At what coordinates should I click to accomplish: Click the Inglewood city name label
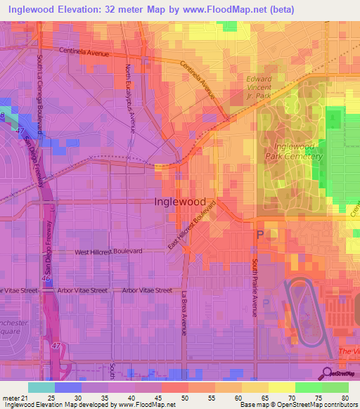coord(180,201)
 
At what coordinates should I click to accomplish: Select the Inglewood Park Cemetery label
coord(293,151)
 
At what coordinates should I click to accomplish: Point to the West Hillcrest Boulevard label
coord(109,251)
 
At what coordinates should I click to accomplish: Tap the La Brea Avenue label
coord(184,313)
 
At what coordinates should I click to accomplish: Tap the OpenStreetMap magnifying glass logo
coord(328,372)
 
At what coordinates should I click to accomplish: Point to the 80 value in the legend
coord(343,398)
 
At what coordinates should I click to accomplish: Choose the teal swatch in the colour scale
coord(41,387)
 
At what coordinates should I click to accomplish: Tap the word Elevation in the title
coord(89,10)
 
